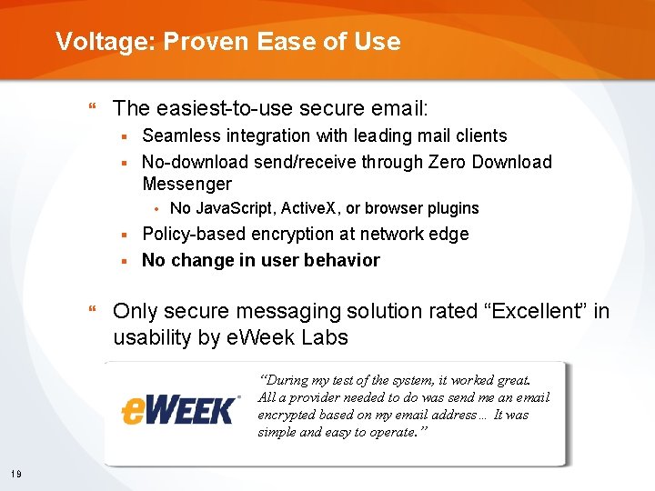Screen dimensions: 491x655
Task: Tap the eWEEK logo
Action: coord(179,409)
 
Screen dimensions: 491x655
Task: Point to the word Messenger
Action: coord(186,185)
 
